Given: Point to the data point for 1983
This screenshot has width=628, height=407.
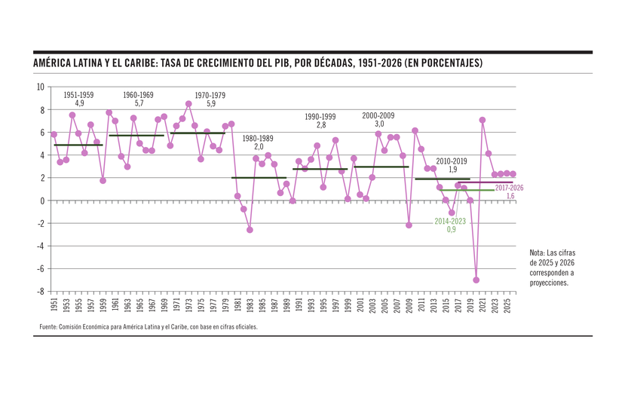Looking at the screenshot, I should tap(250, 230).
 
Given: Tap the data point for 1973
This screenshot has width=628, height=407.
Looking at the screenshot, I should tap(188, 104).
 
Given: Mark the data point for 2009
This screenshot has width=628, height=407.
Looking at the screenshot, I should tap(409, 225).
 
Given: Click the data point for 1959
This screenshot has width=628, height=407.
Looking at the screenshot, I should tap(103, 181).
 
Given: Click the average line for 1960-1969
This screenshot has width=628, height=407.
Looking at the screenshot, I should tap(136, 136).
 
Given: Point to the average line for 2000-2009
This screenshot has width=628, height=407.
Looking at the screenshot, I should tap(381, 167).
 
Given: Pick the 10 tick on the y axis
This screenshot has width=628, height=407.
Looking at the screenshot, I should tap(41, 87).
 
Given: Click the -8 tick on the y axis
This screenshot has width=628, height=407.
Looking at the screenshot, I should tap(41, 291).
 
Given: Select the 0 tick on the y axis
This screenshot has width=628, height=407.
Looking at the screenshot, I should tap(42, 200).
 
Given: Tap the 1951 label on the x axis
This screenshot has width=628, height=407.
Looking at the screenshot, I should tap(54, 305).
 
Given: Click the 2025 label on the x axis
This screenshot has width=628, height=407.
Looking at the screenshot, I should tap(507, 305).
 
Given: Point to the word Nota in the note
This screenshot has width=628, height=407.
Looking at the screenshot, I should tap(537, 252).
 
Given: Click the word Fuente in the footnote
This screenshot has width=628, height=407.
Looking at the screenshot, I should tap(50, 327).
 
